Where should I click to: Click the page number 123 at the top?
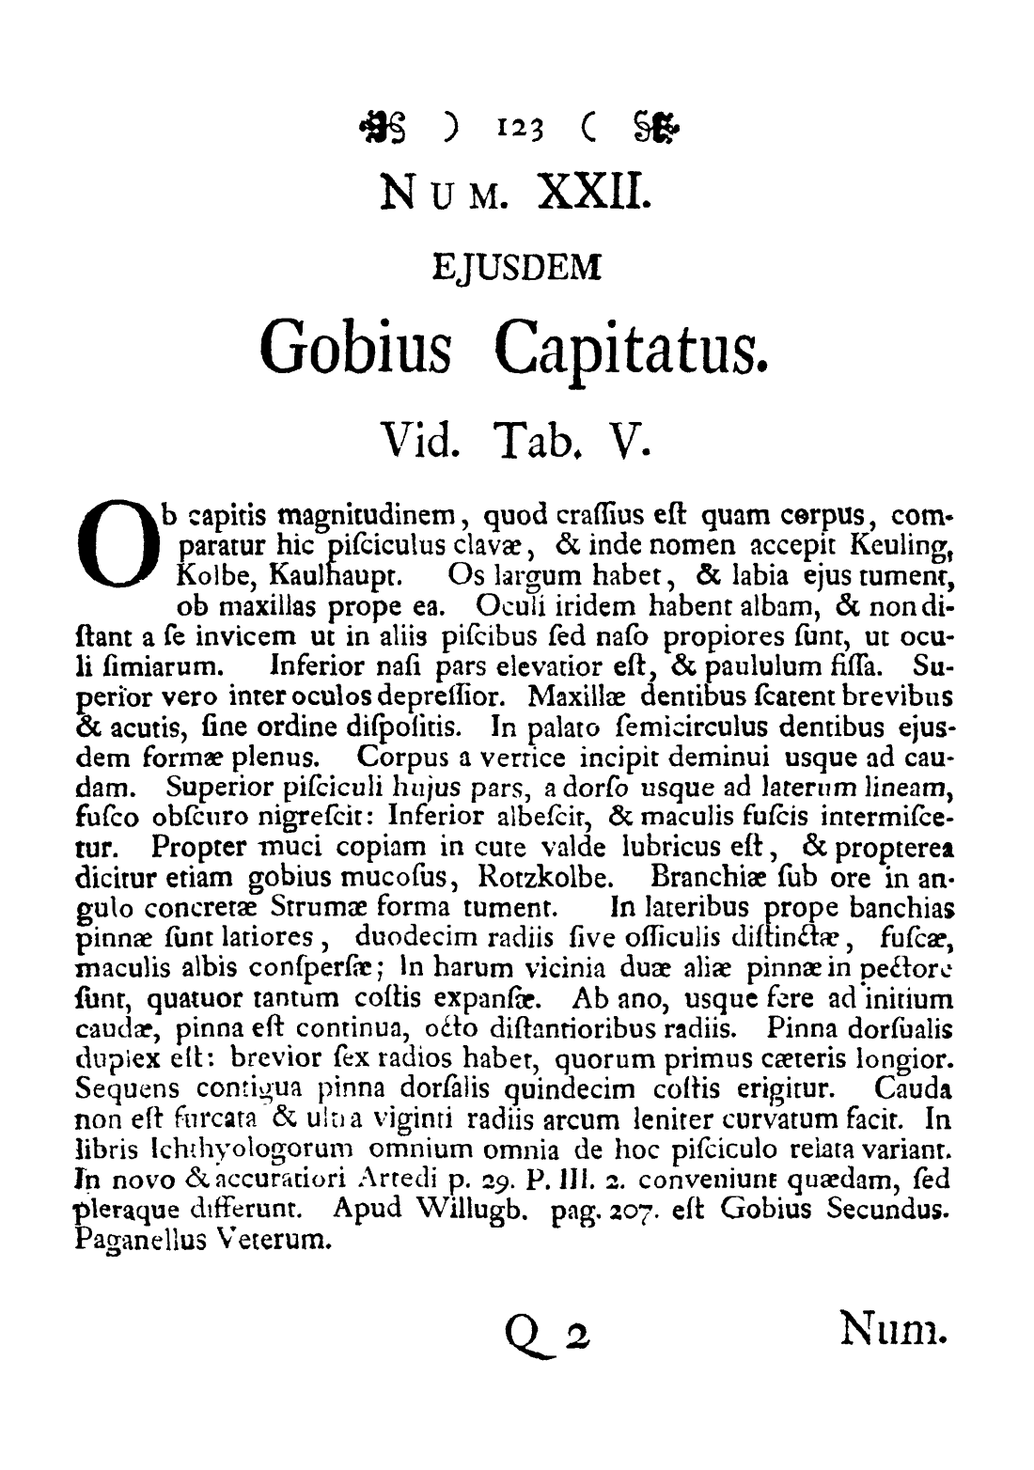tap(511, 122)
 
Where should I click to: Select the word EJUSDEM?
tap(516, 269)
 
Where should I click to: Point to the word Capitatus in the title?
tap(631, 348)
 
